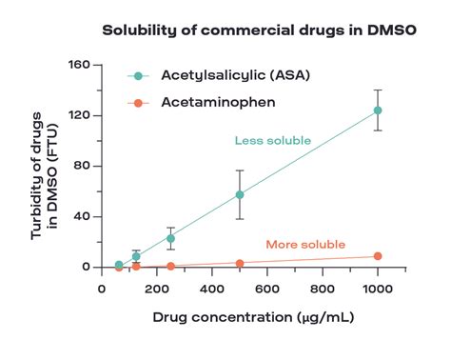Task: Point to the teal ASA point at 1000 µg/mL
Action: click(x=378, y=110)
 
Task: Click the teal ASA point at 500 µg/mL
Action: click(x=240, y=194)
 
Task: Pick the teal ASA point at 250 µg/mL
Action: click(x=170, y=238)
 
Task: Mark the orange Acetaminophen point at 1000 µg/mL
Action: click(x=378, y=256)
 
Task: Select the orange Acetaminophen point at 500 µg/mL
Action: click(x=240, y=263)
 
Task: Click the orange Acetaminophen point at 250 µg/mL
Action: click(x=170, y=266)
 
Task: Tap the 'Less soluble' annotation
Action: click(x=272, y=141)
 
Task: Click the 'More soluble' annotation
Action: click(x=305, y=244)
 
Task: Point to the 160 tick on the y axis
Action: click(x=79, y=65)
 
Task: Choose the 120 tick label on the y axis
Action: click(x=79, y=115)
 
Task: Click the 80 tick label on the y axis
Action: click(x=82, y=166)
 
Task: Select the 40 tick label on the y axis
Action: click(x=82, y=216)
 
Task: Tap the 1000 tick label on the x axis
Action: click(x=378, y=286)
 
